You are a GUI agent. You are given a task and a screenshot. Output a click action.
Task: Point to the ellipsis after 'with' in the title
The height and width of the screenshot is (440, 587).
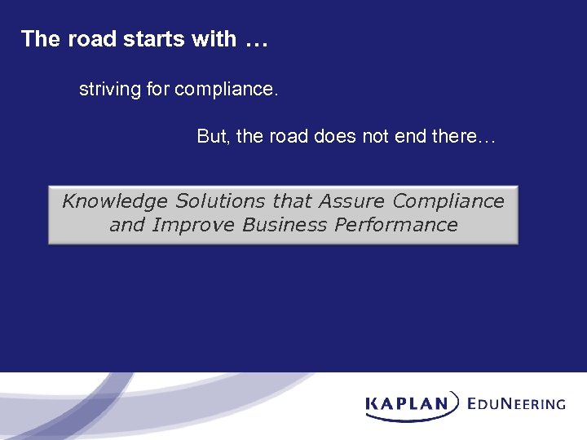coord(255,41)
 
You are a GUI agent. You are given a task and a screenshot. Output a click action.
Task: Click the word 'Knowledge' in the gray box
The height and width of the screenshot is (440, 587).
coord(116,201)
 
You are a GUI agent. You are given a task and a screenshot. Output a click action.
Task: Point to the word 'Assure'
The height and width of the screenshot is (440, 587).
coord(352,201)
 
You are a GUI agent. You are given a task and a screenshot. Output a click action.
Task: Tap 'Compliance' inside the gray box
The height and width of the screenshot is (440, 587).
coord(448,201)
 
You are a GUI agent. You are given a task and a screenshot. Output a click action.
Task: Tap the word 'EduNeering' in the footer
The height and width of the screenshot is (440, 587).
coord(516,403)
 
